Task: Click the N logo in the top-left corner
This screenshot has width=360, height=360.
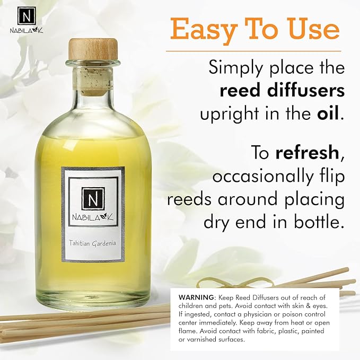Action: coord(27,16)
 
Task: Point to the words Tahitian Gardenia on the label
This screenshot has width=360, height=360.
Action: coord(93,243)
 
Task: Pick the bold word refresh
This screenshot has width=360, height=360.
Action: coord(308,153)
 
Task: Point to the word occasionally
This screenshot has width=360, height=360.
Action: coord(263,177)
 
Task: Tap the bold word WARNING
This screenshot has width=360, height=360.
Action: coord(196,297)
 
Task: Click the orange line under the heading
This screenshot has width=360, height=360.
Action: coord(254,51)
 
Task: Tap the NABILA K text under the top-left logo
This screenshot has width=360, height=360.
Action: coord(27,30)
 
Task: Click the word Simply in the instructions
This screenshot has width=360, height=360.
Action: coord(235,68)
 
